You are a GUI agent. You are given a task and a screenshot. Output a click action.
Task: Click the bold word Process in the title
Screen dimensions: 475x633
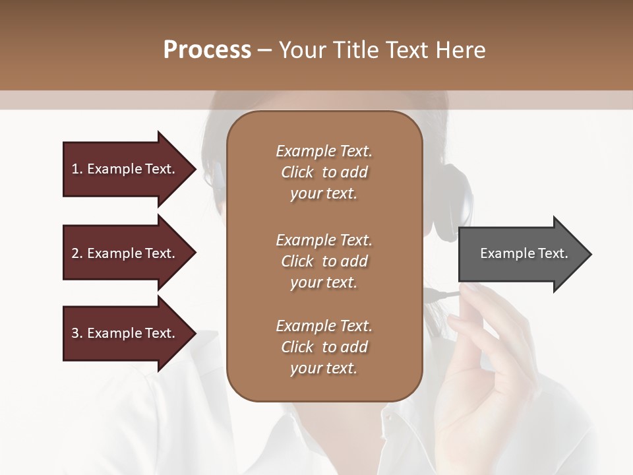[x=207, y=50]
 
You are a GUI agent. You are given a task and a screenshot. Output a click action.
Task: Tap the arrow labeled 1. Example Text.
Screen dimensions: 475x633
[x=125, y=169]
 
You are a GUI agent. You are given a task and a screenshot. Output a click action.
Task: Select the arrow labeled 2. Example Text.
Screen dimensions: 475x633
[x=125, y=253]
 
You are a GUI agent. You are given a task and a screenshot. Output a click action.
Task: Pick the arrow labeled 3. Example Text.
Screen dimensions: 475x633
[x=125, y=333]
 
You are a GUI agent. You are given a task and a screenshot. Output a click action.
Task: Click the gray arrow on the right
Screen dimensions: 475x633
[x=521, y=253]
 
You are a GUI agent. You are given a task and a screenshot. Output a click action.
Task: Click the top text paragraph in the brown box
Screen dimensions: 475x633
[x=324, y=172]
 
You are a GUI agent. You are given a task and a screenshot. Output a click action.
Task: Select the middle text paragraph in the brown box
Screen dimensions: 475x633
[x=324, y=261]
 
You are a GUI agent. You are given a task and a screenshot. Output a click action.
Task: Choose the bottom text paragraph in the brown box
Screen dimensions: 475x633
[x=324, y=347]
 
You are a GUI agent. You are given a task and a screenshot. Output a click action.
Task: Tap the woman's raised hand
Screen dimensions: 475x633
[x=481, y=369]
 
